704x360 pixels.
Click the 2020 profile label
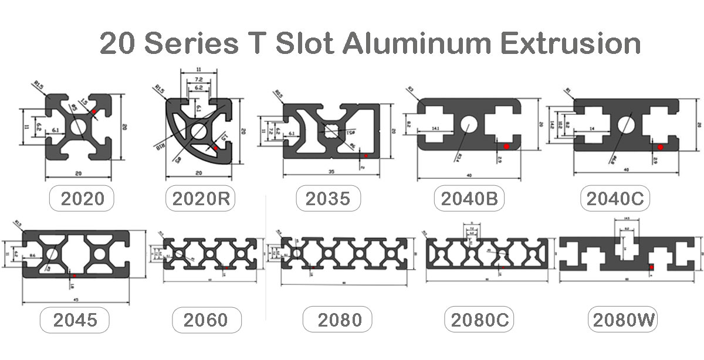pos(83,198)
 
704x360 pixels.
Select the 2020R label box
pos(200,198)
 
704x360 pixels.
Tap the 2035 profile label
pos(328,198)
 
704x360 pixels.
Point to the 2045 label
pos(75,320)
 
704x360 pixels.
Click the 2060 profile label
pos(205,320)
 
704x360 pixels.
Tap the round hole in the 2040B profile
pos(468,124)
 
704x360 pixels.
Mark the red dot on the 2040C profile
pos(660,147)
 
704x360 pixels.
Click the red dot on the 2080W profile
pos(652,267)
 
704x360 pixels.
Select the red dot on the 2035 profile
pos(365,155)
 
